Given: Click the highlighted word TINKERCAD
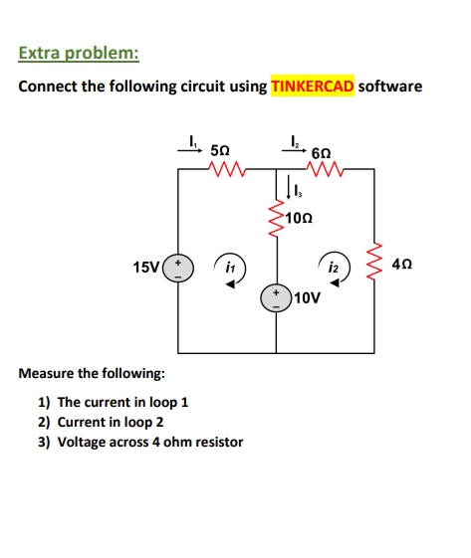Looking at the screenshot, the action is [x=313, y=87].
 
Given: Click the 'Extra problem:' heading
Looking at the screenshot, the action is [x=79, y=53].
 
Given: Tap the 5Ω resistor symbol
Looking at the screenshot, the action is [x=227, y=169].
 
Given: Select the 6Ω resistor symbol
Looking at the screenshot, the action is [x=326, y=169].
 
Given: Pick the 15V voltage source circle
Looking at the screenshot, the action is [x=178, y=269].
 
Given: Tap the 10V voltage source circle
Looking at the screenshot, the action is [x=276, y=297].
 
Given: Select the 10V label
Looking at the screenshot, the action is [x=308, y=297].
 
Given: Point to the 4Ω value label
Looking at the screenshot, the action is [x=402, y=265].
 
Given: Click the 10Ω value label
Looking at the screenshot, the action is [x=299, y=218].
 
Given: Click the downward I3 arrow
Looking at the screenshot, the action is [x=289, y=186].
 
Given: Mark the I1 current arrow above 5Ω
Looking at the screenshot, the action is [x=189, y=150].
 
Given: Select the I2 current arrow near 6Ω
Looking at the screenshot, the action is [x=294, y=150].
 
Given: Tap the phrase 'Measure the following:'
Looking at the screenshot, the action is [x=92, y=373].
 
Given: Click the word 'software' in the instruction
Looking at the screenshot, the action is [x=390, y=87].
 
